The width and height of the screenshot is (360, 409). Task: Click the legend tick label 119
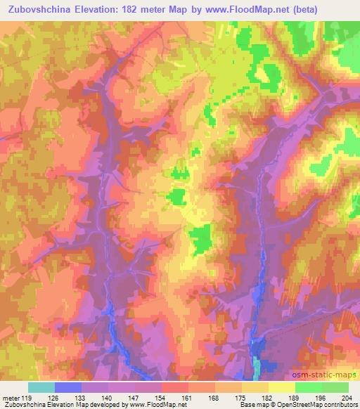pyautogui.click(x=28, y=397)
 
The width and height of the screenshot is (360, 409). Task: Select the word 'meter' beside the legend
pyautogui.click(x=11, y=397)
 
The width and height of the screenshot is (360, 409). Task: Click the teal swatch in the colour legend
pyautogui.click(x=41, y=387)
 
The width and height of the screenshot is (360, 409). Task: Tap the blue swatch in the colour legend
pyautogui.click(x=68, y=387)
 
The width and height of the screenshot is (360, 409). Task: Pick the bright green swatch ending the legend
pyautogui.click(x=335, y=387)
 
